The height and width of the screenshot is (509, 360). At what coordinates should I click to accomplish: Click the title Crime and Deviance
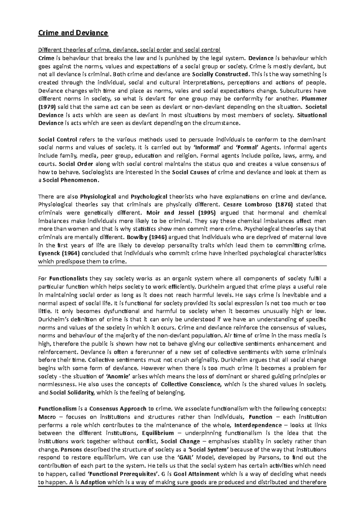[73, 33]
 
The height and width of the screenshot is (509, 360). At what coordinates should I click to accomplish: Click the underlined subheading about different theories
[129, 49]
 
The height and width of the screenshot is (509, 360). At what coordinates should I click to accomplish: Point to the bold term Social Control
[58, 139]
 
